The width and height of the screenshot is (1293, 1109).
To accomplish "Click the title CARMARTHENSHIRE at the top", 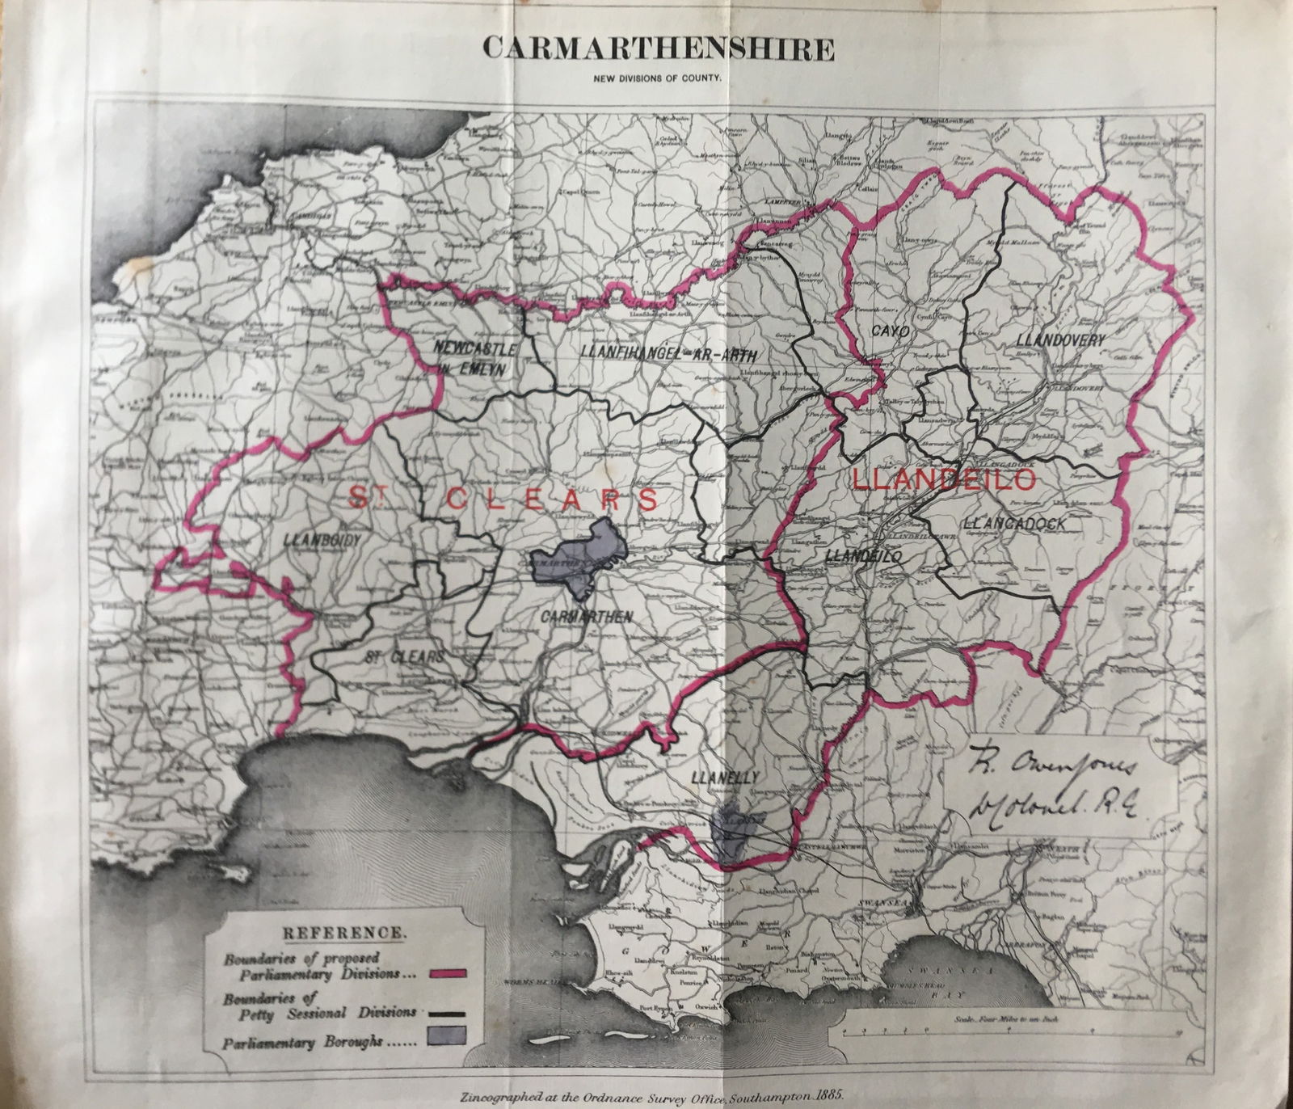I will coord(659,48).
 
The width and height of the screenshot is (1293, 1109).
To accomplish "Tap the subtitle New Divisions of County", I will coord(659,79).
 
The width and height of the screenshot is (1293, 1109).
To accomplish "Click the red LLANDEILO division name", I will coord(944,480).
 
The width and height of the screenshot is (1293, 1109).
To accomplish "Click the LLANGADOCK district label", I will coord(1021,525).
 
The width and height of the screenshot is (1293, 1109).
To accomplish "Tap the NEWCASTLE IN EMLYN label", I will coord(469,357).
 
